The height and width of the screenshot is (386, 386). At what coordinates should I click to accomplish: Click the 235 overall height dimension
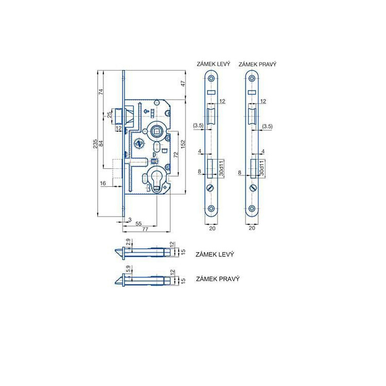click(x=95, y=144)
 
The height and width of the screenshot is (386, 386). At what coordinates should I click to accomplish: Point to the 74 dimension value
click(x=101, y=92)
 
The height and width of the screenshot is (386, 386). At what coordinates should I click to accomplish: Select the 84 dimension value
click(x=101, y=144)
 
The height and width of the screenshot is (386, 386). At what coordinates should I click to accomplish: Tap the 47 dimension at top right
click(x=183, y=84)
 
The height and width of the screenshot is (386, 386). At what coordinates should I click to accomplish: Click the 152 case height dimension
click(x=183, y=144)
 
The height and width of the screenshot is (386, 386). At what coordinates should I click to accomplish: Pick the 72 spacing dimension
click(x=176, y=154)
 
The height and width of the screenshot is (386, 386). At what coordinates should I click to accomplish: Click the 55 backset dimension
click(x=138, y=223)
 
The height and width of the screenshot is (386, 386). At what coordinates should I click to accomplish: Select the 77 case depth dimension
click(x=145, y=229)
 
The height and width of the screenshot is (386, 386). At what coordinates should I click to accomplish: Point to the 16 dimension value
click(x=102, y=183)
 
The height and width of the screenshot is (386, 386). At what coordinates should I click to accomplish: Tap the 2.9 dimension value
click(x=128, y=242)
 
